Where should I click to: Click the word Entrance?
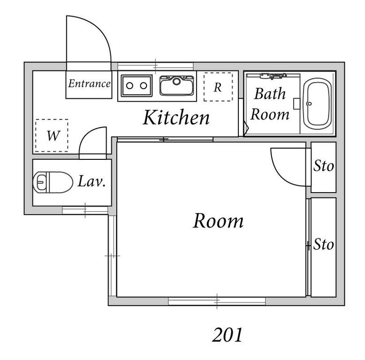[x=89, y=84]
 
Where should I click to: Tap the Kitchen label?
[x=176, y=118]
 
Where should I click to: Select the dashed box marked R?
[x=218, y=87]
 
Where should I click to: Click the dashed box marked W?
[x=52, y=136]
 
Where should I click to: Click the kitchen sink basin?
[x=176, y=86]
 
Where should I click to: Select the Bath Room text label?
[x=270, y=104]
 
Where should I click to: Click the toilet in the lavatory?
[x=53, y=182]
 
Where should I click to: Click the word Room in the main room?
[x=218, y=220]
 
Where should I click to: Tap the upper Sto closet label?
[x=323, y=166]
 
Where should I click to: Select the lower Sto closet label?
[x=323, y=244]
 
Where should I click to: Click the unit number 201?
[x=228, y=335]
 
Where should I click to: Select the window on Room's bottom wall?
[x=217, y=301]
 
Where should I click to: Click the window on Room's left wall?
[x=112, y=256]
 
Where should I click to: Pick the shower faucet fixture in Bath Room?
[x=274, y=75]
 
